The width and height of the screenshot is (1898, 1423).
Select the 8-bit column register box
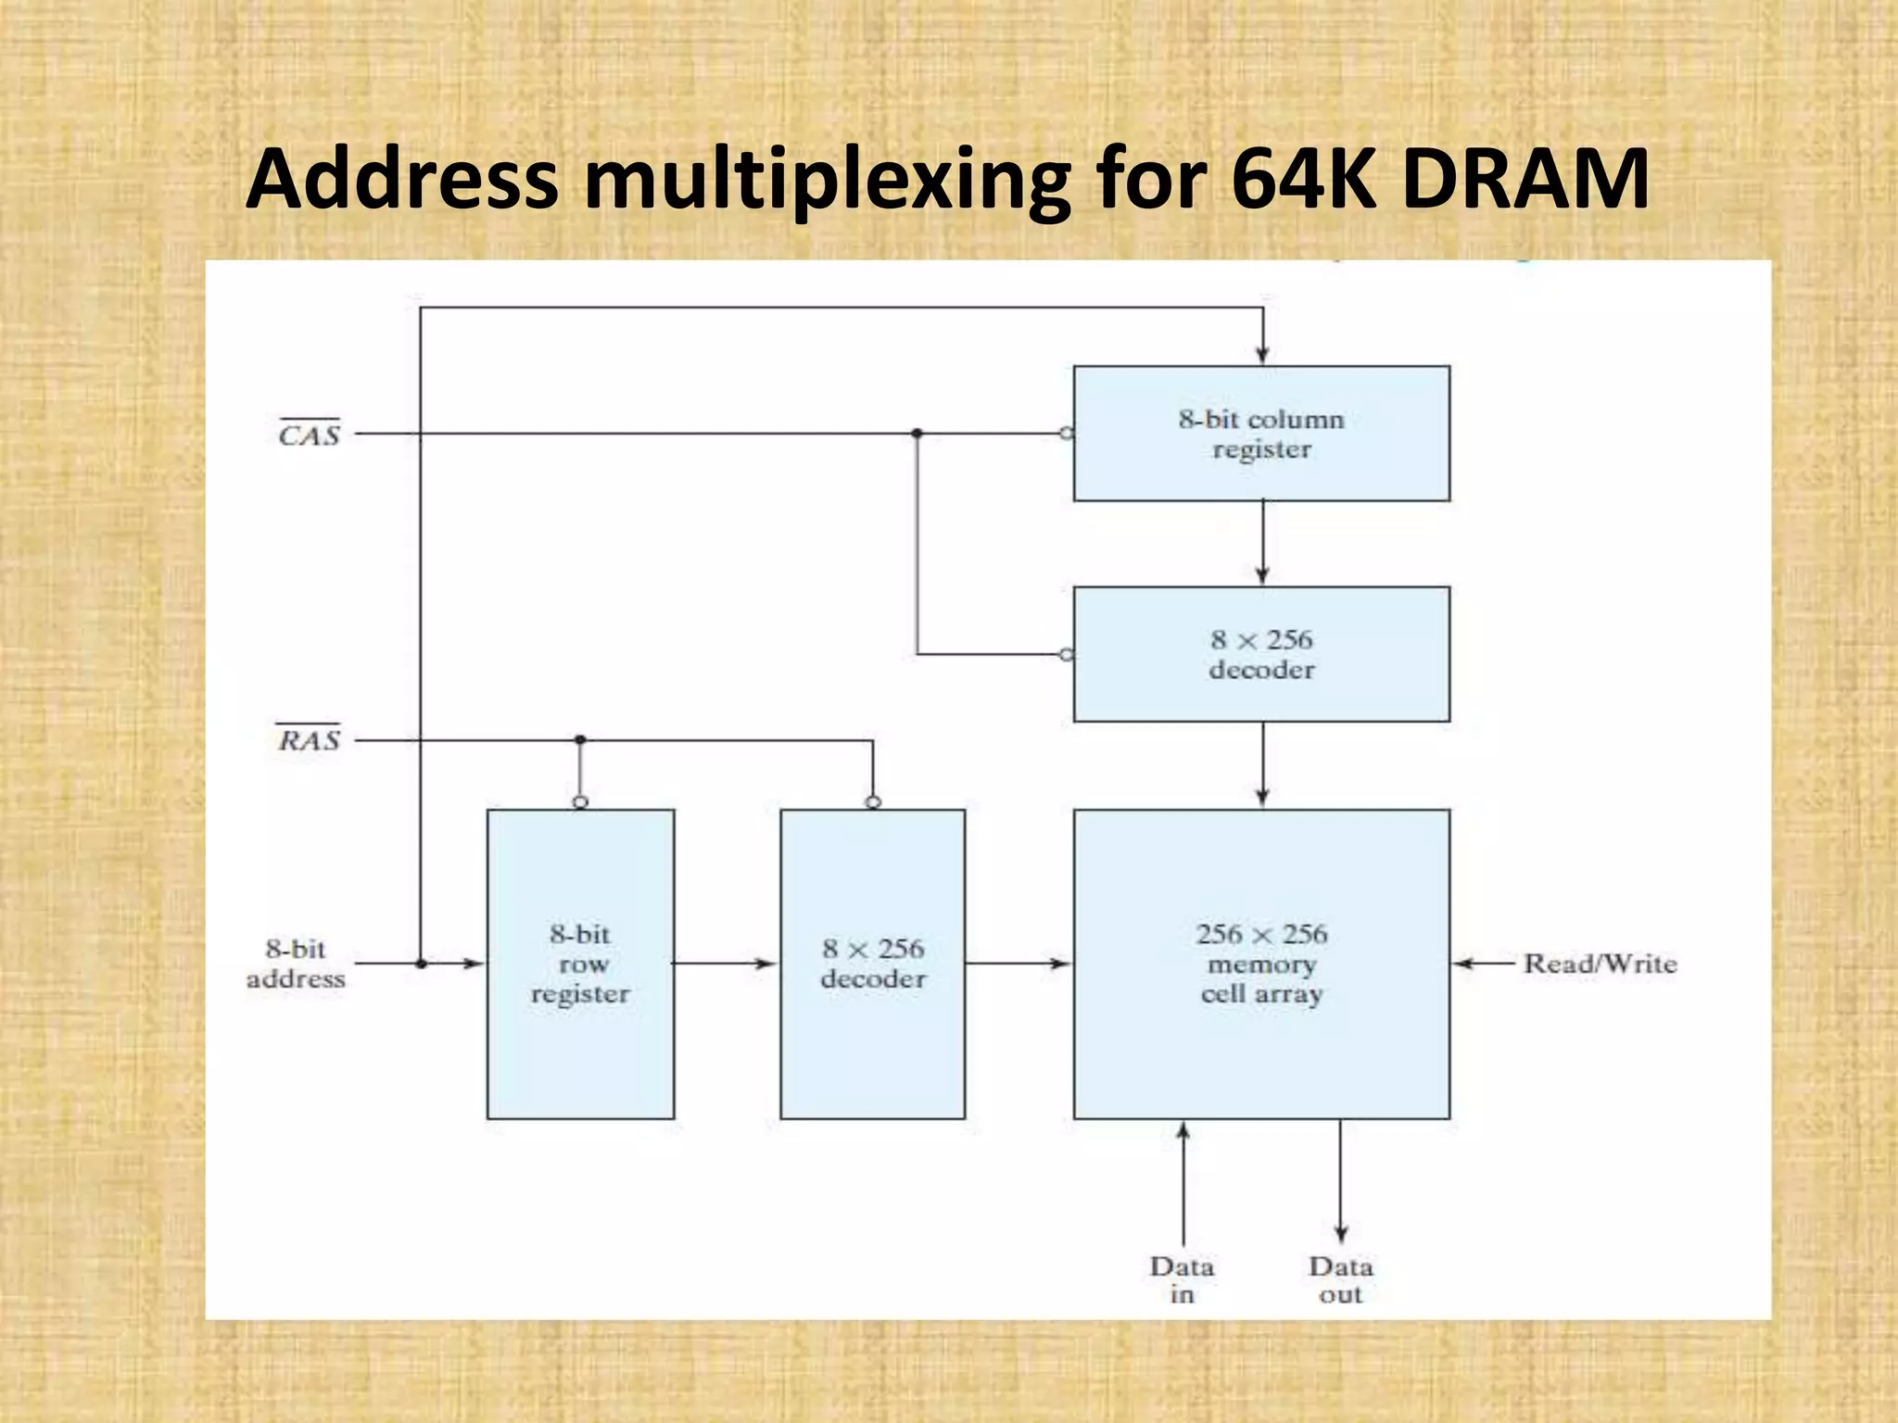pos(1261,434)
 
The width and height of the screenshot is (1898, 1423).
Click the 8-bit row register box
pos(580,963)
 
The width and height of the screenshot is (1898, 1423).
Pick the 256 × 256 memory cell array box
pos(1261,963)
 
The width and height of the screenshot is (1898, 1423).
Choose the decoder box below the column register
pos(1261,654)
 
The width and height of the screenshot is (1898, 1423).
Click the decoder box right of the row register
pos(872,963)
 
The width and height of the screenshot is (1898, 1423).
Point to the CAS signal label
pos(310,434)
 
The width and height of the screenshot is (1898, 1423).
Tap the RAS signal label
pos(310,739)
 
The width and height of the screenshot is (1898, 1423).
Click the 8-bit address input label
pos(296,963)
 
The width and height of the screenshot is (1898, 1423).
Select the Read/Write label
pos(1601,963)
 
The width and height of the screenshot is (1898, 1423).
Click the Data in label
pos(1183,1279)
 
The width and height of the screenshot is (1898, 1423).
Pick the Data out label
pos(1341,1279)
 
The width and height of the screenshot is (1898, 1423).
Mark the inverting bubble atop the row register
pos(580,802)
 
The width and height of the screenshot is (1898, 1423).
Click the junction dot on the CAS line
pos(917,434)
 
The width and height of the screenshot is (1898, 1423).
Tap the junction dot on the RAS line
pos(580,739)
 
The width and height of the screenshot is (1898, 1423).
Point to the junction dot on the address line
pos(421,963)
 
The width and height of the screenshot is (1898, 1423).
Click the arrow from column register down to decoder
pos(1262,543)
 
